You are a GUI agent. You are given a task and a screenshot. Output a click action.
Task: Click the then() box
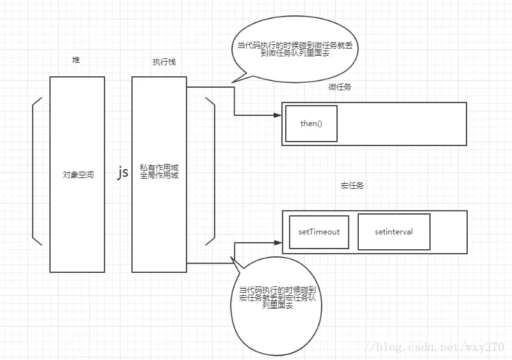(311, 123)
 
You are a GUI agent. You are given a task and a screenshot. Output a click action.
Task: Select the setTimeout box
(319, 231)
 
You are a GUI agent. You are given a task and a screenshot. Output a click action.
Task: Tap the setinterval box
(393, 231)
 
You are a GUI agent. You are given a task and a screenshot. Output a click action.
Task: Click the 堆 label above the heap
(76, 60)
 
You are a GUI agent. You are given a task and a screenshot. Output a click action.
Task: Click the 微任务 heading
(340, 87)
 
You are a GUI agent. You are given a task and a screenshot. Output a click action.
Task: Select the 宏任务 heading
(352, 186)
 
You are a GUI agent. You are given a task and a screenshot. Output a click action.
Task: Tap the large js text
(122, 172)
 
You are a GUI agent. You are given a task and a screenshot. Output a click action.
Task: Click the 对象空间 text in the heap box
(78, 174)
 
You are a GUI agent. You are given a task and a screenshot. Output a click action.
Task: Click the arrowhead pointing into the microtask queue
(277, 115)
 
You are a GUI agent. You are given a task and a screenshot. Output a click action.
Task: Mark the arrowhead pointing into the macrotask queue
(277, 243)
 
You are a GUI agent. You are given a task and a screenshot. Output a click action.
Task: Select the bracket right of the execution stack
(210, 171)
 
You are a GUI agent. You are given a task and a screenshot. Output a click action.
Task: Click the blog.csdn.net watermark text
(434, 346)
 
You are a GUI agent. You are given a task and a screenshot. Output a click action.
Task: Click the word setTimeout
(319, 231)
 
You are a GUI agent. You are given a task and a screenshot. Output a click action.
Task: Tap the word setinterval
(393, 231)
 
